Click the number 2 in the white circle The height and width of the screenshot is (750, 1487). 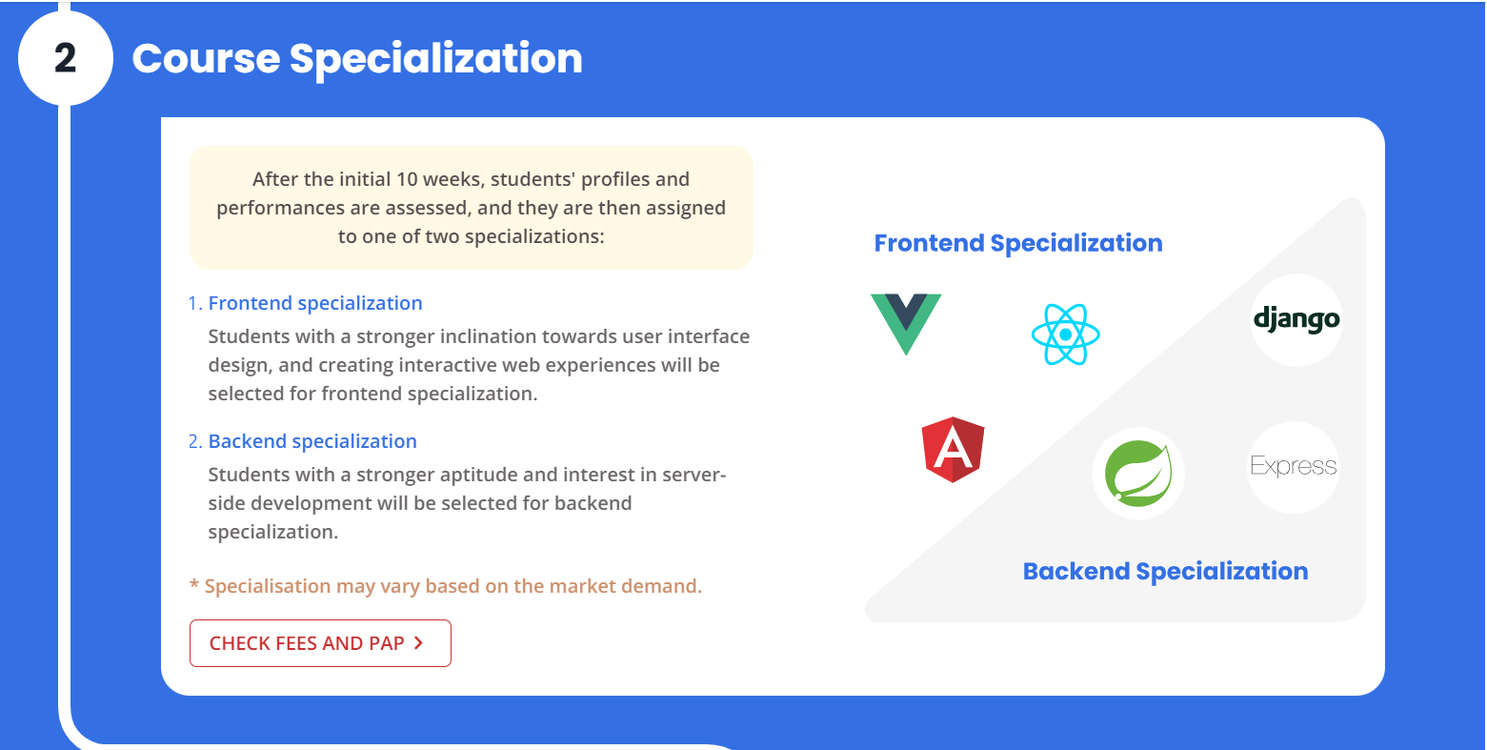pyautogui.click(x=65, y=58)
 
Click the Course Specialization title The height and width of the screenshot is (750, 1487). pyautogui.click(x=356, y=58)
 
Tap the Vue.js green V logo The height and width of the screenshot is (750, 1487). pyautogui.click(x=906, y=322)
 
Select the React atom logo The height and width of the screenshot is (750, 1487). pyautogui.click(x=1065, y=334)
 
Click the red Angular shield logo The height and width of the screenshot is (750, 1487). pyautogui.click(x=953, y=449)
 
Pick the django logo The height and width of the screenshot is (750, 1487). pyautogui.click(x=1296, y=319)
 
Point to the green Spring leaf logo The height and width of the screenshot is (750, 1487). pyautogui.click(x=1137, y=473)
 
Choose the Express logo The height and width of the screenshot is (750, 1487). pyautogui.click(x=1294, y=466)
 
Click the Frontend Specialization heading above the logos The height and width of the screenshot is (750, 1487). pyautogui.click(x=1018, y=243)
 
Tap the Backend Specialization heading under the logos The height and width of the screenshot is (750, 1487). pyautogui.click(x=1165, y=571)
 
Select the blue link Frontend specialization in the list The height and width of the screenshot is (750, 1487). pyautogui.click(x=315, y=303)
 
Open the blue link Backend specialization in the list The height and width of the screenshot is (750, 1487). pyautogui.click(x=312, y=441)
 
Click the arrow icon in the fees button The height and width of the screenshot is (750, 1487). pyautogui.click(x=418, y=643)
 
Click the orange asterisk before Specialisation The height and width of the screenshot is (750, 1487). pyautogui.click(x=194, y=585)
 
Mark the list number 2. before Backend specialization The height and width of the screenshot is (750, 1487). pyautogui.click(x=195, y=441)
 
